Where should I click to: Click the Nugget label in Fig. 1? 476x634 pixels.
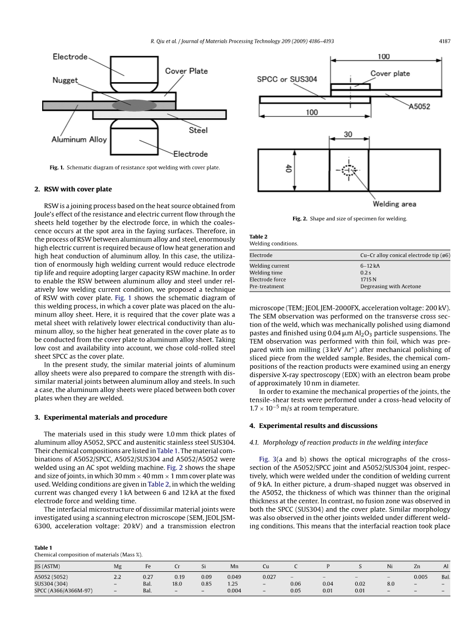[65, 80]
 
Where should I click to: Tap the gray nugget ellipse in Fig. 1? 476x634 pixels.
[135, 105]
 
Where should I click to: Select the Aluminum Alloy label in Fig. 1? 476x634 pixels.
[79, 139]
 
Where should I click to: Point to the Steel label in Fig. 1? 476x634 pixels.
[198, 130]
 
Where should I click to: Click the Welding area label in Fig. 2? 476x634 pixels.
[394, 204]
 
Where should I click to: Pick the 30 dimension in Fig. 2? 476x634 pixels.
[348, 134]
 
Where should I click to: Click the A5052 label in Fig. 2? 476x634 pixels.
[419, 106]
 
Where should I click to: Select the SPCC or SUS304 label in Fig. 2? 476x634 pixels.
[287, 79]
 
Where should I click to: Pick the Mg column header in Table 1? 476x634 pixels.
[117, 566]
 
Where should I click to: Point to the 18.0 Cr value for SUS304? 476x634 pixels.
[177, 584]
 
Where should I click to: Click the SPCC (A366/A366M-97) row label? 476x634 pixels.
[64, 591]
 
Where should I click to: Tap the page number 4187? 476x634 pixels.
[445, 41]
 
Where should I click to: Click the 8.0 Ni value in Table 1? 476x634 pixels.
[390, 584]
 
